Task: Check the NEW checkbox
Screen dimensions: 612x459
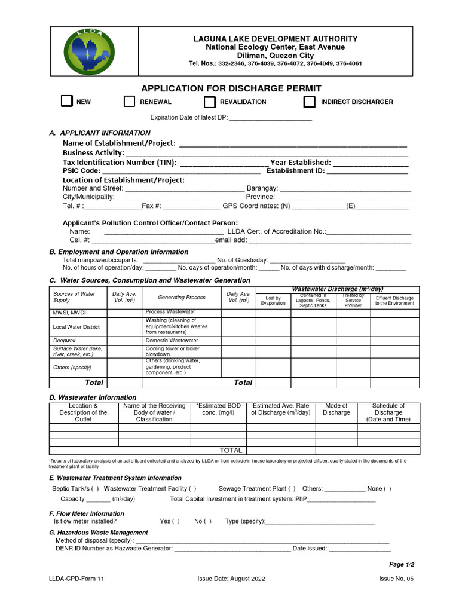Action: (x=67, y=102)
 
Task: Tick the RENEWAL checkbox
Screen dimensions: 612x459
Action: (x=129, y=102)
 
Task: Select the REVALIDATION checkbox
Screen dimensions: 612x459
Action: (x=209, y=102)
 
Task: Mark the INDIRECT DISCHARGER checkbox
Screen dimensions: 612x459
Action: (x=309, y=102)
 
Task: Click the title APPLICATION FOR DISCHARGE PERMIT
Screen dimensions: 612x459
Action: (x=231, y=88)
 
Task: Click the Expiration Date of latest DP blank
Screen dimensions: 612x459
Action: (x=271, y=118)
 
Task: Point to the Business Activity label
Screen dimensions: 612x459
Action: (x=93, y=153)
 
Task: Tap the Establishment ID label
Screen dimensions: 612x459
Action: (x=295, y=171)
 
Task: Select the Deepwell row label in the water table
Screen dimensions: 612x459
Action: (x=65, y=341)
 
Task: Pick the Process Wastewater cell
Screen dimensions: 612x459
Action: (x=170, y=312)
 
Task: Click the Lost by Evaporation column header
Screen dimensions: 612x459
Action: (x=273, y=301)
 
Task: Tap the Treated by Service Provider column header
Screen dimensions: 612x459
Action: (x=353, y=301)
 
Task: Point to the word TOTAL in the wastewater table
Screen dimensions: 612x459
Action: (x=231, y=451)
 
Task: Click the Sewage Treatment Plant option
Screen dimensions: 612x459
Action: (x=253, y=489)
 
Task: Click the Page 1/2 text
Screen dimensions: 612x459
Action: (x=402, y=564)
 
